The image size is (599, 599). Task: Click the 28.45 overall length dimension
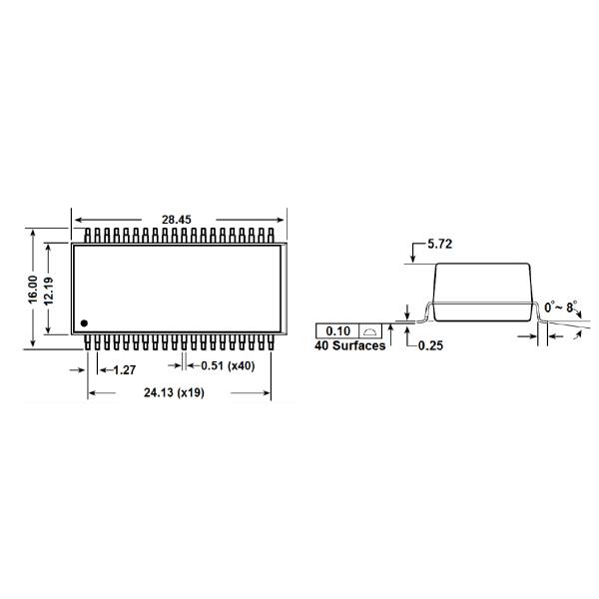tap(178, 219)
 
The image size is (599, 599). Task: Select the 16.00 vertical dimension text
tap(32, 290)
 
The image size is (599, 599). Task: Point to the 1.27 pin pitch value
tap(124, 369)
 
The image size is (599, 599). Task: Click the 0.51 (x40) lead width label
tap(224, 366)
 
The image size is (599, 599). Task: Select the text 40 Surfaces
tap(350, 346)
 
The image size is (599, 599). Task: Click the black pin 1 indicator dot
tap(84, 322)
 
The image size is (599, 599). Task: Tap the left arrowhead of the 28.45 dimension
tap(76, 219)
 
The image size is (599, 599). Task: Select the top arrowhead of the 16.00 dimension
tap(33, 233)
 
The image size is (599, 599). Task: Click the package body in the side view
tap(484, 290)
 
